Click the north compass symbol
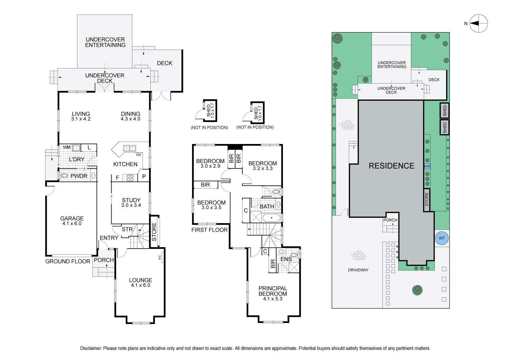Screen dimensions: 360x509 [479, 23]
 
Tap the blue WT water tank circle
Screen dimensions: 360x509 [441, 238]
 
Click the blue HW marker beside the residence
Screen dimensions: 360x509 [427, 166]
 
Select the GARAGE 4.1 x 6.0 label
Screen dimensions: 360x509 [72, 221]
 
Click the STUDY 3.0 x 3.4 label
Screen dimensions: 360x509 [131, 202]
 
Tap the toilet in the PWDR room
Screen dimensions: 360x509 [64, 176]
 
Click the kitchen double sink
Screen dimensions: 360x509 [130, 148]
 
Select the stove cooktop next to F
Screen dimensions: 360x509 [130, 178]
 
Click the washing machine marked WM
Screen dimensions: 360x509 [76, 148]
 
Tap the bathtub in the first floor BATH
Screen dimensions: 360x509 [271, 218]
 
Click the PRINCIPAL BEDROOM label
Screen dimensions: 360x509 [273, 291]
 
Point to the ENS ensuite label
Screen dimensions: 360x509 [286, 259]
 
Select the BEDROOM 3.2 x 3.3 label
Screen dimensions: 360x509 [263, 166]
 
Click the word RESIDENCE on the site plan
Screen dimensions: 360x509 [392, 166]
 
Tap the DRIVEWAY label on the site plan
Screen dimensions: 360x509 [358, 270]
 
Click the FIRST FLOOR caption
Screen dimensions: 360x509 [209, 230]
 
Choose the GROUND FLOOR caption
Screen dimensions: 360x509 [68, 261]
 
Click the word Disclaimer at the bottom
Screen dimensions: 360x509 [91, 348]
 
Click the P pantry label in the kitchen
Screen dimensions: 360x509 [144, 177]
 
